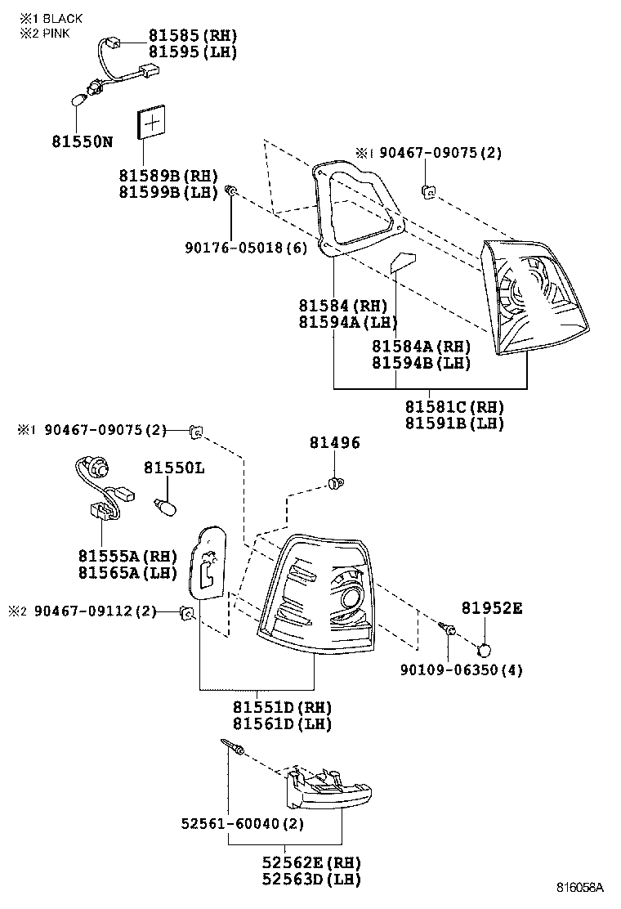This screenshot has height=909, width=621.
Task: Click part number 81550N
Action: pyautogui.click(x=83, y=141)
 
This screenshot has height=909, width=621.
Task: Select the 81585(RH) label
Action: pyautogui.click(x=192, y=35)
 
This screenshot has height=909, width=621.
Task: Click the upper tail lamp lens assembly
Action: pyautogui.click(x=534, y=298)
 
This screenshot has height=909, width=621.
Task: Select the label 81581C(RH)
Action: pyautogui.click(x=454, y=406)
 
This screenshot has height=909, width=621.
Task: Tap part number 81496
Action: pyautogui.click(x=334, y=442)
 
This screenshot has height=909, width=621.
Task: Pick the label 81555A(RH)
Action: pyautogui.click(x=127, y=556)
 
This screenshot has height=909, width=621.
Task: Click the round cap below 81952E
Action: pyautogui.click(x=484, y=651)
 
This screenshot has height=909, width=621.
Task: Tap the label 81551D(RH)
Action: pyautogui.click(x=270, y=707)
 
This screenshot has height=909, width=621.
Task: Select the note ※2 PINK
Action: pyautogui.click(x=47, y=34)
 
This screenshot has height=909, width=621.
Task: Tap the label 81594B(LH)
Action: pyautogui.click(x=421, y=363)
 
